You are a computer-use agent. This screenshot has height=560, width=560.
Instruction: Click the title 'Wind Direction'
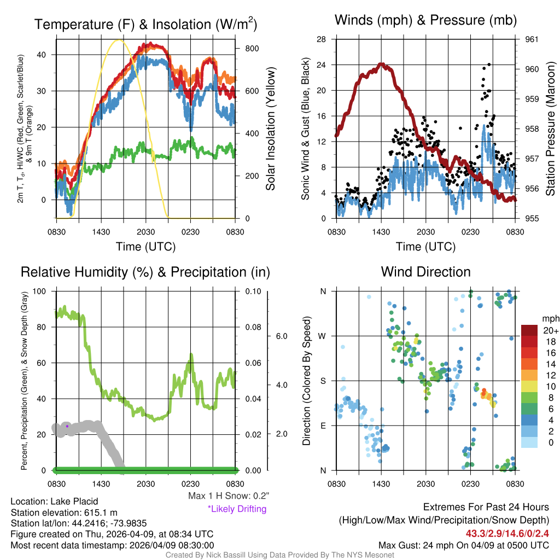[x=425, y=272]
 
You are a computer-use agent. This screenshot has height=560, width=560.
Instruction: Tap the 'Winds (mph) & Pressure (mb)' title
[x=425, y=21]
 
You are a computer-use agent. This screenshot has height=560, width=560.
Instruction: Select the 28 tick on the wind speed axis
[x=322, y=39]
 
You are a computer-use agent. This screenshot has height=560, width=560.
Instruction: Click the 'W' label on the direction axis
[x=323, y=336]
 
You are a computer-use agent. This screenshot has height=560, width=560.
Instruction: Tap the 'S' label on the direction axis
[x=323, y=381]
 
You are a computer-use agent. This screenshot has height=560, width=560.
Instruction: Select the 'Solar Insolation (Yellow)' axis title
[x=271, y=129]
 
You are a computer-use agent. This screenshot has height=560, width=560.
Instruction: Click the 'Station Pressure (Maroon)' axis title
[x=551, y=129]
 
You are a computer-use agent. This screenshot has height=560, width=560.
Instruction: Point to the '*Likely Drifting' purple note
[x=237, y=509]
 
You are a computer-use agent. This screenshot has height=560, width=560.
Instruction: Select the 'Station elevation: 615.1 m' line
[x=64, y=512]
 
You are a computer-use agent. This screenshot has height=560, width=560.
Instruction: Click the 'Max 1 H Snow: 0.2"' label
[x=229, y=496]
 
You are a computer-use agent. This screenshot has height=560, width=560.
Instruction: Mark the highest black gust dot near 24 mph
[x=488, y=65]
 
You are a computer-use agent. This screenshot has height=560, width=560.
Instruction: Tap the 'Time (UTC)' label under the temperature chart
[x=146, y=247]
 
